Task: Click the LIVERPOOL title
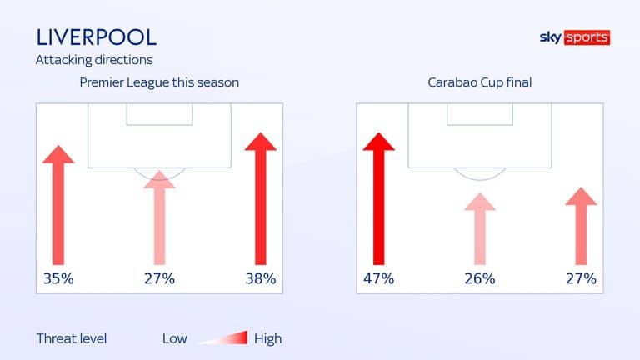97,37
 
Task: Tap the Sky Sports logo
575,37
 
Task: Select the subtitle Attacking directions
94,60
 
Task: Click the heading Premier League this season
159,82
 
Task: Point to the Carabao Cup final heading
480,82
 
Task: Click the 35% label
58,279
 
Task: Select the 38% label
261,279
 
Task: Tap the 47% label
379,279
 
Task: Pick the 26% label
480,279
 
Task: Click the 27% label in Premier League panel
160,279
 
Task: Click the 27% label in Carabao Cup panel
581,279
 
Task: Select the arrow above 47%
379,199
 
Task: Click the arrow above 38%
261,199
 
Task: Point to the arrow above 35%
58,205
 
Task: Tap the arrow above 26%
480,229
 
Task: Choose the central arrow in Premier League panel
160,218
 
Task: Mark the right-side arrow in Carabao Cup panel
581,226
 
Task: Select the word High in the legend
267,339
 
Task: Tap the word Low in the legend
175,339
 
